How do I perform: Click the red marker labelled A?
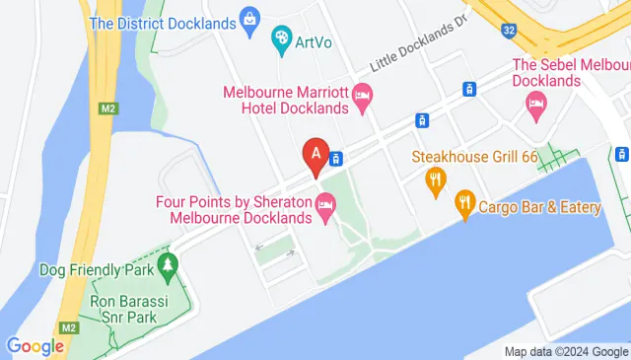tap(315, 155)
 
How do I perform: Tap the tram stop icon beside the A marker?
tap(337, 159)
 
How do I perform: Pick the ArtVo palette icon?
tap(281, 40)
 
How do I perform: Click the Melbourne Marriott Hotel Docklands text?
tap(286, 100)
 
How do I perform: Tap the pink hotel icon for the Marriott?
tap(362, 96)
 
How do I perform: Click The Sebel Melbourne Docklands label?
tap(570, 72)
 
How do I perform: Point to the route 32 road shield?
tap(509, 32)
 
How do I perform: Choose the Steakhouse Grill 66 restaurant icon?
tap(434, 179)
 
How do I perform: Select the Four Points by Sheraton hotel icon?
tap(325, 205)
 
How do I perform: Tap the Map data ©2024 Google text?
tap(565, 351)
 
